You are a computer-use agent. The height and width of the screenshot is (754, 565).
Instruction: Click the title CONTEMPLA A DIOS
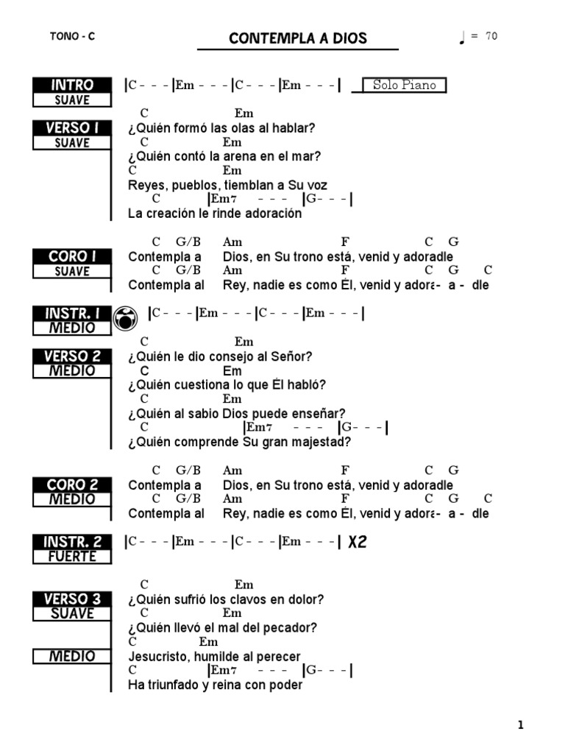tap(297, 38)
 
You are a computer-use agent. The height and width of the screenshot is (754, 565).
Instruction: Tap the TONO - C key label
tap(73, 37)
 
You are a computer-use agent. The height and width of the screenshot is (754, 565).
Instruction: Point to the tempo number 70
tap(491, 36)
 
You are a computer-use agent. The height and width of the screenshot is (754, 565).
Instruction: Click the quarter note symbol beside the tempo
tap(462, 38)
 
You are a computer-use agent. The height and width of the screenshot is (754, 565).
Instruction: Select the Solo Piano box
tap(404, 85)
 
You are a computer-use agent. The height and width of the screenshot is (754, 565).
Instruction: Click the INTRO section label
tap(72, 85)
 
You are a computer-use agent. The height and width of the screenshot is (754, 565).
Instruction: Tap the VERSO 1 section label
tap(72, 127)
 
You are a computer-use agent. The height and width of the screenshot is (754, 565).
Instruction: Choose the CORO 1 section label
tap(72, 256)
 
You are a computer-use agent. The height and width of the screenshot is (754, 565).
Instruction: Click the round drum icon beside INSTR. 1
tap(127, 318)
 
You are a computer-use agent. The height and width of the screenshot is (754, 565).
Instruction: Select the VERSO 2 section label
tap(72, 356)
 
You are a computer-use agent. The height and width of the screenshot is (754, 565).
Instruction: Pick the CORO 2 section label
tap(72, 485)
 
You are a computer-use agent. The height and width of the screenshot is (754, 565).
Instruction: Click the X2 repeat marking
tap(358, 543)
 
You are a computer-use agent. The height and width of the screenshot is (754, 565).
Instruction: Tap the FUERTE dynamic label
tap(72, 557)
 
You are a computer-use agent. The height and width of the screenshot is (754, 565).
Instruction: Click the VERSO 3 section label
tap(72, 599)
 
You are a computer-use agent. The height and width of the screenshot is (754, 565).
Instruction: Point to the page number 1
tap(521, 725)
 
